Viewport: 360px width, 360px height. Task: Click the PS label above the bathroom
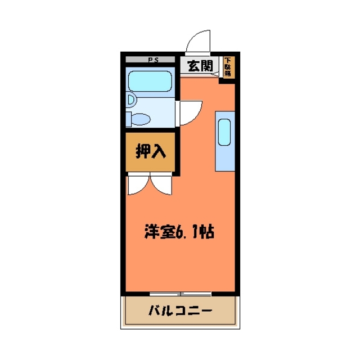point(152,60)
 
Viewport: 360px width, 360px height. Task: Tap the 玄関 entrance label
point(200,66)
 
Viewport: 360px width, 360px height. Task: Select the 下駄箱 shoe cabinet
point(228,67)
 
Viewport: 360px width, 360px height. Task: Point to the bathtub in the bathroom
point(150,82)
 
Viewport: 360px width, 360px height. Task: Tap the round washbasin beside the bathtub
point(130,100)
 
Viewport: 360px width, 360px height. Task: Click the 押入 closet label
point(150,151)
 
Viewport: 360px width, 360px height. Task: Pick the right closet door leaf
point(160,185)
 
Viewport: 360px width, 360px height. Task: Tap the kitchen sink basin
point(224,133)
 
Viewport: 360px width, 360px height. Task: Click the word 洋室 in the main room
point(157,231)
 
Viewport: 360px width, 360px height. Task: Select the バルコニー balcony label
point(180,311)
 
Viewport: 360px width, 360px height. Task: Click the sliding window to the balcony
point(180,293)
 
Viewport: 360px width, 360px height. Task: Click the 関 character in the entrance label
point(207,66)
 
